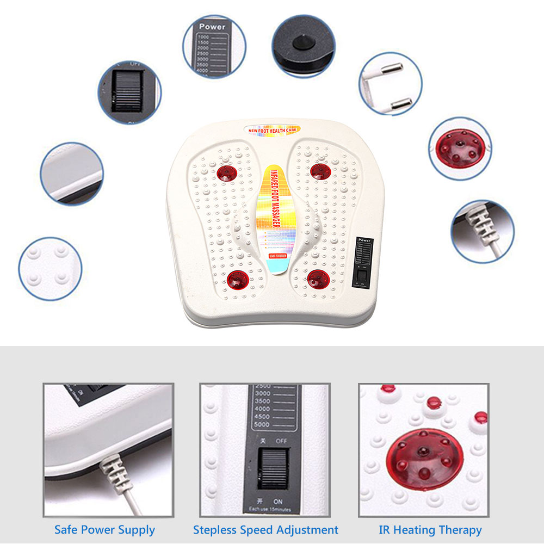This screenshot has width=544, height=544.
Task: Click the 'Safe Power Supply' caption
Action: click(x=104, y=529)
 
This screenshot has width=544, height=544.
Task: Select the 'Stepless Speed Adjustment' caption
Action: click(x=265, y=529)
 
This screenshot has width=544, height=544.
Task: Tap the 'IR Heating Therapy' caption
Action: click(x=430, y=529)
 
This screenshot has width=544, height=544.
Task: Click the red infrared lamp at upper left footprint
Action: click(x=226, y=174)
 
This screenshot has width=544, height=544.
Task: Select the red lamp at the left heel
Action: click(x=238, y=280)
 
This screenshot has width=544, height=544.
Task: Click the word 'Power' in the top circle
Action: click(x=212, y=27)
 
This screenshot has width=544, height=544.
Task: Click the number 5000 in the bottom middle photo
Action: click(x=263, y=424)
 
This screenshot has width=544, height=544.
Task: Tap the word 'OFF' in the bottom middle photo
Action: click(x=281, y=441)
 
